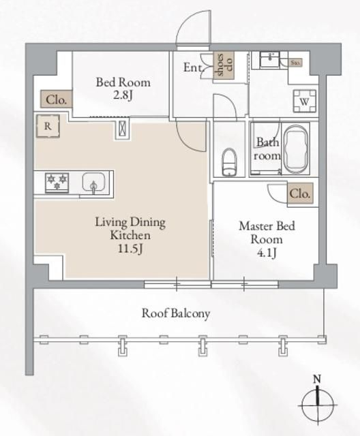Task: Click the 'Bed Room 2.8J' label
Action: click(x=123, y=89)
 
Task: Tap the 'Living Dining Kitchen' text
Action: click(x=130, y=228)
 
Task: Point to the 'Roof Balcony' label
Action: click(x=176, y=313)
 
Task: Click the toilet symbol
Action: click(x=230, y=161)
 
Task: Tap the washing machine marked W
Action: click(x=303, y=99)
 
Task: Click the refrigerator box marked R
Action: click(x=48, y=126)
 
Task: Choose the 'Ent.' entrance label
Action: click(x=193, y=67)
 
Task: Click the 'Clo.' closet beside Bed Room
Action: click(x=56, y=99)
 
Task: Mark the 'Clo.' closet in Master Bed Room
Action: click(x=300, y=193)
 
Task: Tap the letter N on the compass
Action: click(x=316, y=379)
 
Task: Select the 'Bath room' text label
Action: click(x=267, y=149)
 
